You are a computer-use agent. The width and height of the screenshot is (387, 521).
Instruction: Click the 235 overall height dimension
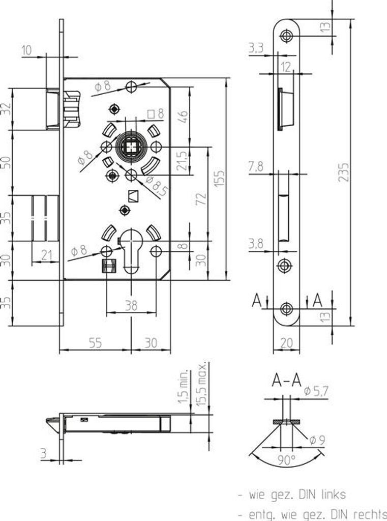pos(344,173)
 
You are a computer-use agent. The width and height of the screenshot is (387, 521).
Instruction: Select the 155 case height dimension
pos(219,178)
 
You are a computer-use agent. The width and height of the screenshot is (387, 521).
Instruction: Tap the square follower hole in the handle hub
pos(132,147)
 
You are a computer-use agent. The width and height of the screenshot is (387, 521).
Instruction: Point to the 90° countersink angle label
pos(287,460)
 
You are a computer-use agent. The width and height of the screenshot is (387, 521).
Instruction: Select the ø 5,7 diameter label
pos(315,392)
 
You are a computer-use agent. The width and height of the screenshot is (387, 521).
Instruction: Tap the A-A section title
pos(287,380)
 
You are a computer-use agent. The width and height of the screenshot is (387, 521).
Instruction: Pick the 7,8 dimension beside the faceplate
pos(257,167)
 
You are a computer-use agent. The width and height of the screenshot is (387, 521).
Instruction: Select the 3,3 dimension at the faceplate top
pos(256,49)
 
